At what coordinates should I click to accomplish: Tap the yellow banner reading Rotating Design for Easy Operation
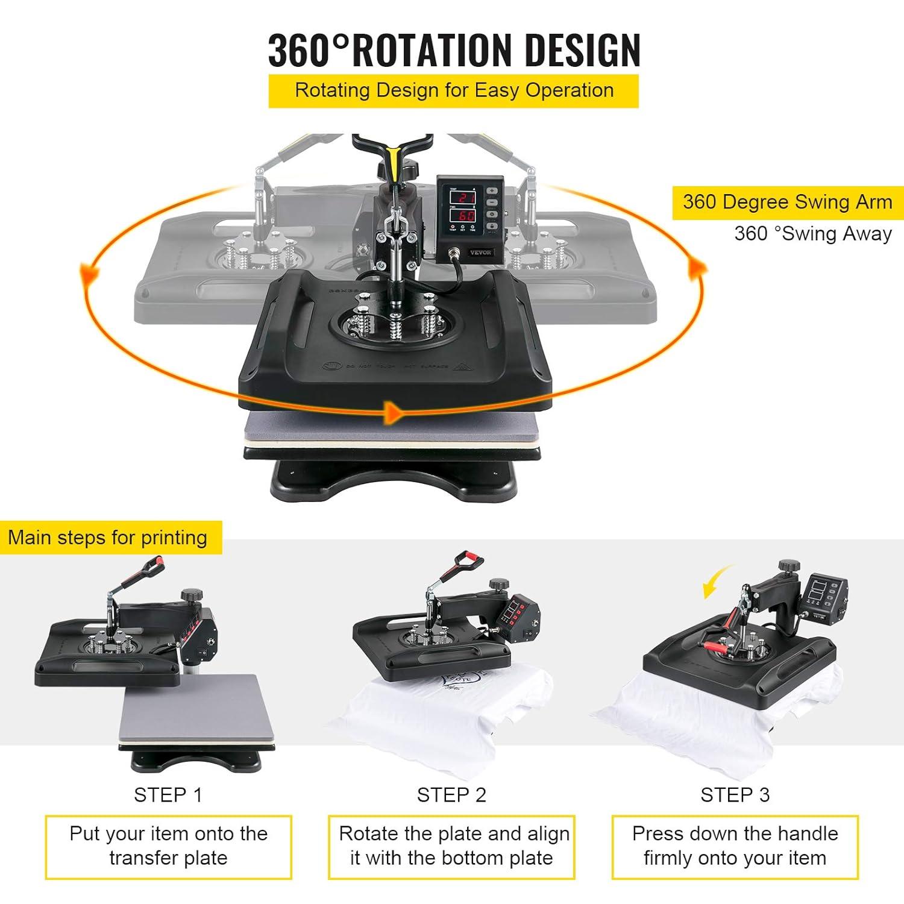[453, 90]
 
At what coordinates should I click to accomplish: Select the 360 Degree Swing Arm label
[787, 202]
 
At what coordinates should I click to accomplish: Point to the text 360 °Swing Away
[812, 233]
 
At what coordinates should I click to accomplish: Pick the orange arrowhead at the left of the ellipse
[90, 274]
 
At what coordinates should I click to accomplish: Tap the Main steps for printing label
[108, 537]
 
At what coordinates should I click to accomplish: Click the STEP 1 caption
[168, 795]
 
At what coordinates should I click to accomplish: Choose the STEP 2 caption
[451, 795]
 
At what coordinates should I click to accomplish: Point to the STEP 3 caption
[735, 795]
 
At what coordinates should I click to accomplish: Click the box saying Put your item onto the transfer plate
[168, 846]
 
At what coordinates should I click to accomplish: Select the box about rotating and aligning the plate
[451, 846]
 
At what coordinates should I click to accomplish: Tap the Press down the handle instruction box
[735, 846]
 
